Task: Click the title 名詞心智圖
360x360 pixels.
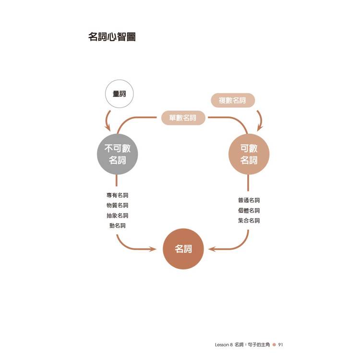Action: click(x=112, y=37)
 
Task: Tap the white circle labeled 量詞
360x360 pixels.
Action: click(x=119, y=94)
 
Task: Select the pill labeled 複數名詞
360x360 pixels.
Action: click(x=233, y=100)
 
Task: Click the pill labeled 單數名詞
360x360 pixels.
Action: click(x=183, y=118)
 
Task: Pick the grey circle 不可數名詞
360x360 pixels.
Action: click(x=117, y=154)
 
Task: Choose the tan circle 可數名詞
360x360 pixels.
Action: click(x=249, y=154)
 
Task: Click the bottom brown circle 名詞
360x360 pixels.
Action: click(x=183, y=249)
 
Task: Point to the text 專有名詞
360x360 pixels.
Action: click(x=117, y=195)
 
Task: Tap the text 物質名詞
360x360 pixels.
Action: click(x=117, y=205)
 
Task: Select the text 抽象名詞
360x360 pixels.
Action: click(x=117, y=216)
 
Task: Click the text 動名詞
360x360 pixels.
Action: click(x=117, y=226)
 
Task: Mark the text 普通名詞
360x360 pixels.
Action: click(x=249, y=200)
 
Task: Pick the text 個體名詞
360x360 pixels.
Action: click(x=249, y=210)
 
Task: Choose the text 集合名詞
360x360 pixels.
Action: click(x=249, y=220)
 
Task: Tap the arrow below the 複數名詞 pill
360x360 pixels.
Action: click(x=261, y=120)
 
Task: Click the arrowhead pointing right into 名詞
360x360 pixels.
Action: click(x=153, y=249)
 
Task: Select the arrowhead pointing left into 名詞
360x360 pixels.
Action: click(x=212, y=249)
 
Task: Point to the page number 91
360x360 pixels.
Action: click(x=280, y=345)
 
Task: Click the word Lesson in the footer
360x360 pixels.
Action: click(x=222, y=345)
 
